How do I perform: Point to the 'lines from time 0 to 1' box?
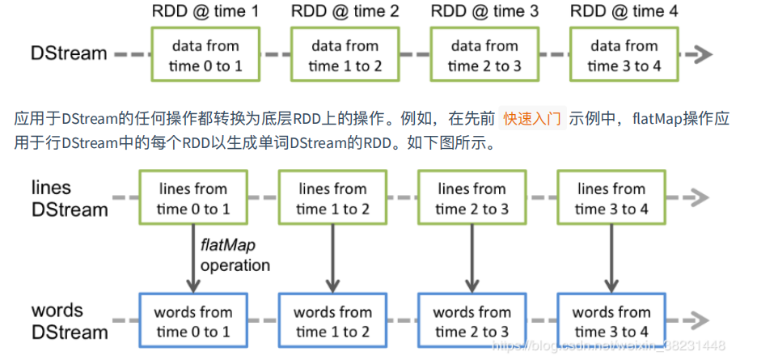[193, 199]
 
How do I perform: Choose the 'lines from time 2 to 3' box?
[472, 199]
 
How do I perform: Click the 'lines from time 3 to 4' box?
[611, 199]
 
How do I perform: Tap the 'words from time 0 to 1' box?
[193, 321]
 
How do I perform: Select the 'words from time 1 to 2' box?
[332, 321]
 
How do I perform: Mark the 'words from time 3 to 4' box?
[611, 321]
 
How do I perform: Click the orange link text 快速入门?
[531, 119]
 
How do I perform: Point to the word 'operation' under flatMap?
[235, 265]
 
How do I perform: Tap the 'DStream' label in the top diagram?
[69, 54]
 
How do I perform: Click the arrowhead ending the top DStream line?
[703, 54]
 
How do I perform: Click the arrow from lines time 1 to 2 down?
[332, 259]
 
